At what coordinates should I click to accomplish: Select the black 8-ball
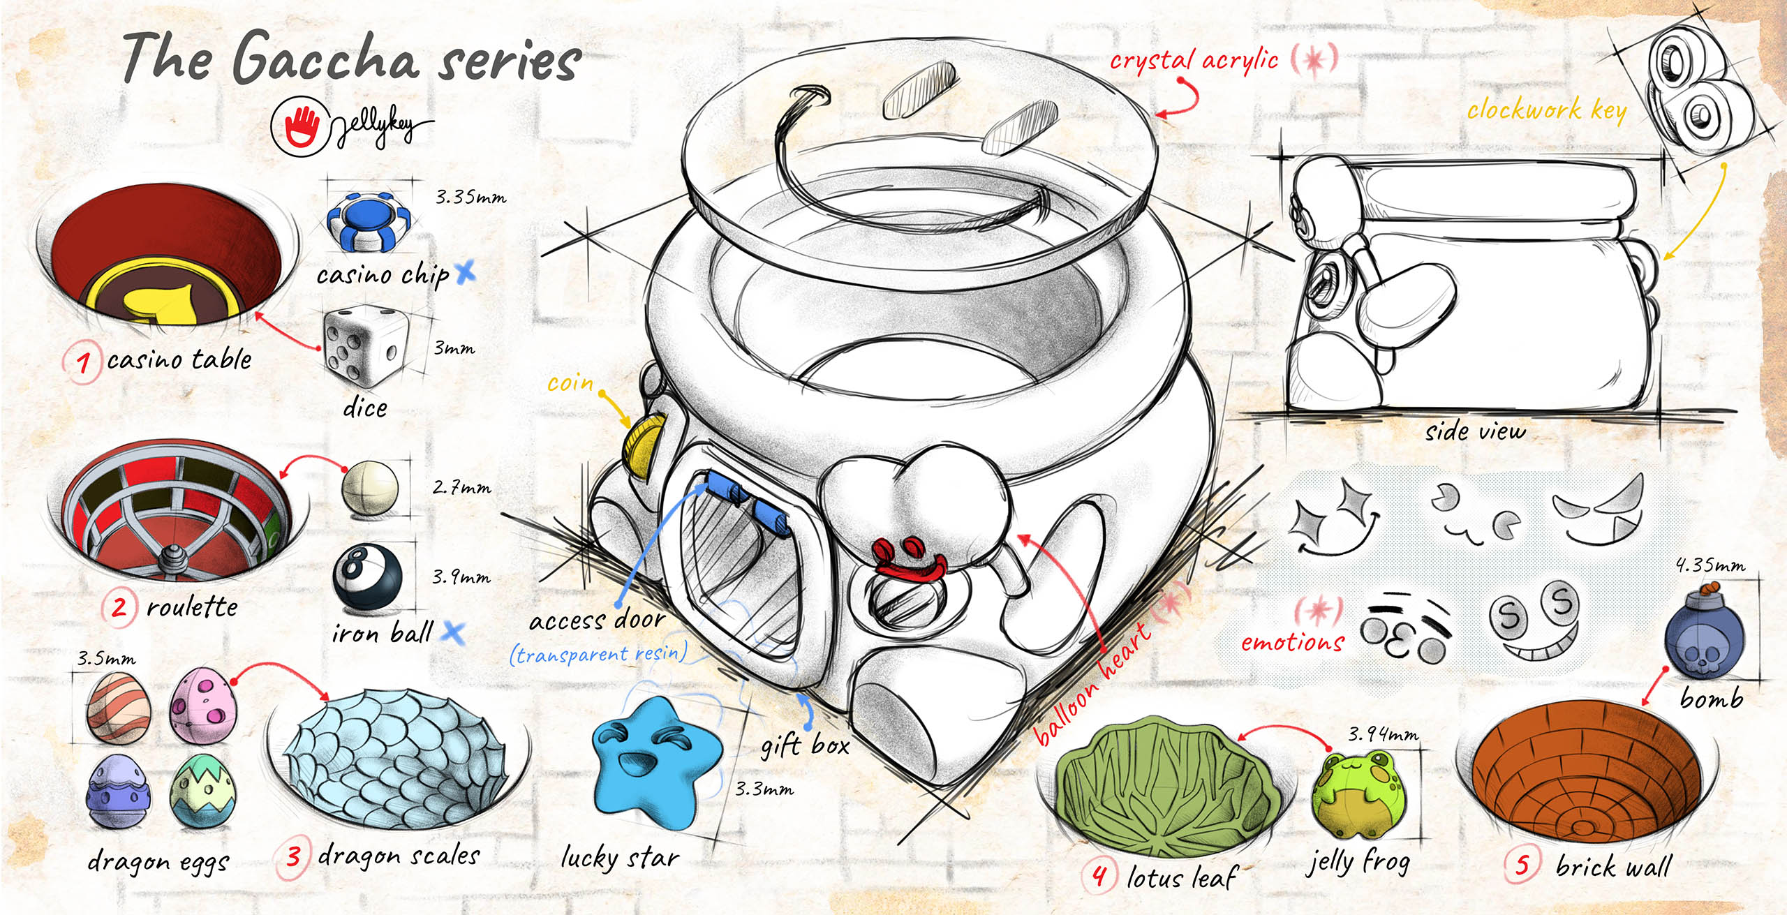[x=366, y=576]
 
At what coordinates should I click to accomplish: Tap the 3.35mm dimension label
[x=470, y=198]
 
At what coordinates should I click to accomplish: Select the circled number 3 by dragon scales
[x=294, y=856]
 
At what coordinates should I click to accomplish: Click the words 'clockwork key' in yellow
[x=1545, y=111]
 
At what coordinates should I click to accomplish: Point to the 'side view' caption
[x=1474, y=431]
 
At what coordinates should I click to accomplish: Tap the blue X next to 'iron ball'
[x=454, y=632]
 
